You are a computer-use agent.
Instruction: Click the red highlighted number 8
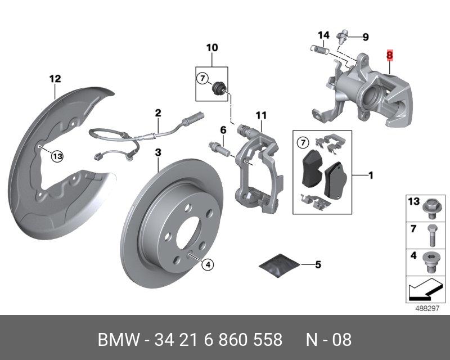pyautogui.click(x=389, y=55)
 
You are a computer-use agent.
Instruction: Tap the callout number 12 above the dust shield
pyautogui.click(x=55, y=79)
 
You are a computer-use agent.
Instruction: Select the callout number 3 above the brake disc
pyautogui.click(x=158, y=152)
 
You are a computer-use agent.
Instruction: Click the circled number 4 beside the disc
pyautogui.click(x=208, y=264)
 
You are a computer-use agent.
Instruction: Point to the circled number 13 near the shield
pyautogui.click(x=57, y=156)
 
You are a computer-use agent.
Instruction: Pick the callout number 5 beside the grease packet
pyautogui.click(x=318, y=264)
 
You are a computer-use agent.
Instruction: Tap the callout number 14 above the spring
pyautogui.click(x=323, y=35)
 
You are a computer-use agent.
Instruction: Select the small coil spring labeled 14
pyautogui.click(x=320, y=50)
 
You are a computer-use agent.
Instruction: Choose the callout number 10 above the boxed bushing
pyautogui.click(x=212, y=47)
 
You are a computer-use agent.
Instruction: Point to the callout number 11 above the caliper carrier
pyautogui.click(x=261, y=115)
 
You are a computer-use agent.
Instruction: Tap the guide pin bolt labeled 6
pyautogui.click(x=219, y=147)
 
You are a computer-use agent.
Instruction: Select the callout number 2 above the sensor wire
pyautogui.click(x=158, y=113)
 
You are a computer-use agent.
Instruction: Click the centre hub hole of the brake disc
pyautogui.click(x=188, y=233)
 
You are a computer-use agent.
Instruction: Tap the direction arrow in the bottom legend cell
pyautogui.click(x=425, y=289)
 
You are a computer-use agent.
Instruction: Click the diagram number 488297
pyautogui.click(x=427, y=308)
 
